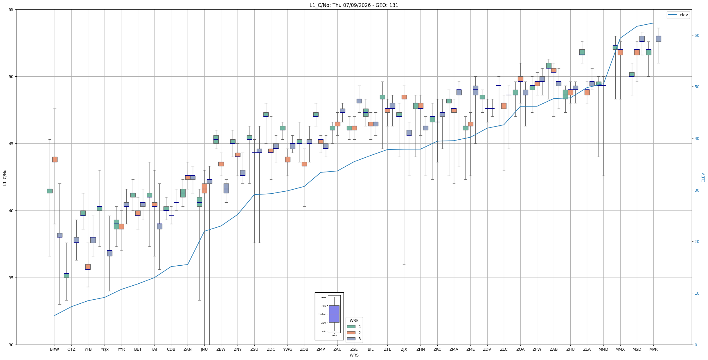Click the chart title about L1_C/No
pos(354,5)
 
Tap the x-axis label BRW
pos(55,349)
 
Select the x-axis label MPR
pos(653,349)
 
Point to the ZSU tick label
pos(254,349)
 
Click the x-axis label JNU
pos(204,349)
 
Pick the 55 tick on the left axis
pos(12,10)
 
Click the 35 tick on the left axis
pos(12,278)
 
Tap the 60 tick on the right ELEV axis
pos(697,36)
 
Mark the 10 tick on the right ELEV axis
pos(697,293)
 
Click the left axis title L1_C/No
pos(5,177)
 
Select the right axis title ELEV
pos(703,177)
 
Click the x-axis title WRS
pos(354,355)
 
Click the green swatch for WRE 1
pos(351,327)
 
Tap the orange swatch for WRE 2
pos(351,333)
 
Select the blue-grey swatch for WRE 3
pos(351,339)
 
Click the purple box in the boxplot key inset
pos(334,314)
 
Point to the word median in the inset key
pos(322,314)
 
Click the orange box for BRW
pos(55,159)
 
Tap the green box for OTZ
pos(67,276)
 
